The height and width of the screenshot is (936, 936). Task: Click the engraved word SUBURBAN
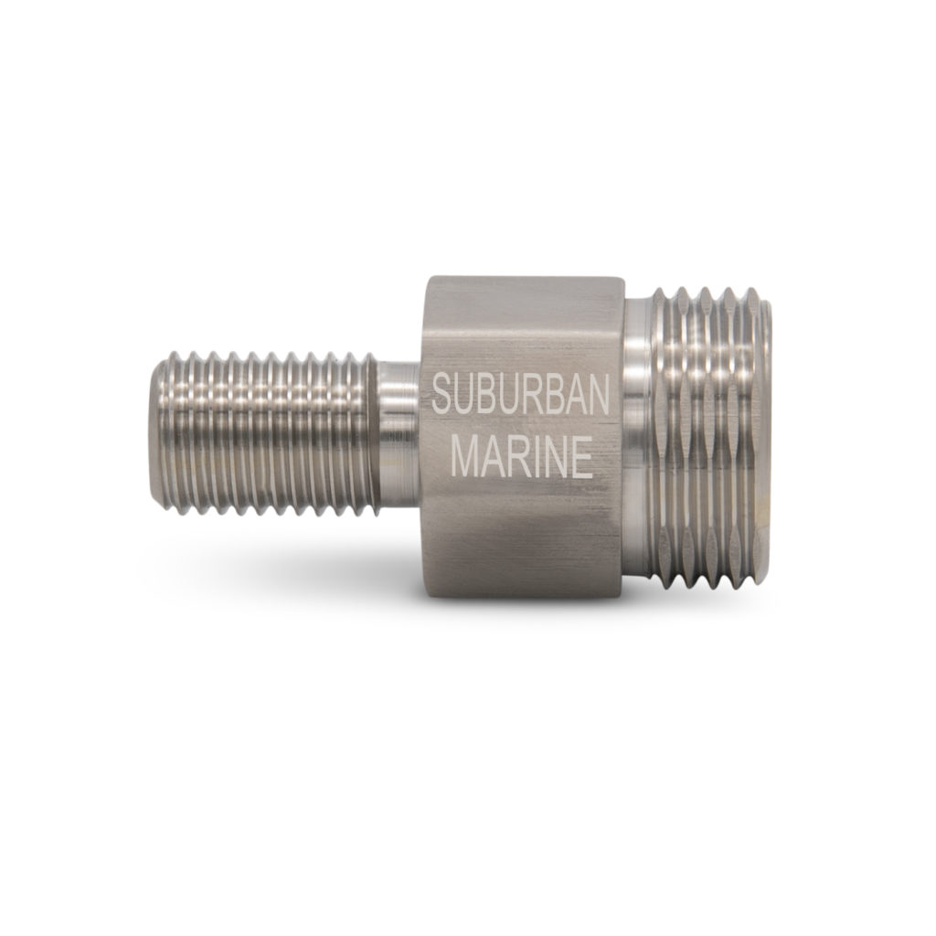pyautogui.click(x=519, y=396)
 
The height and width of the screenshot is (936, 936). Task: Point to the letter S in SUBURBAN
pyautogui.click(x=441, y=396)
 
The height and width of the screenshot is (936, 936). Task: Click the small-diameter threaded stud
pyautogui.click(x=265, y=424)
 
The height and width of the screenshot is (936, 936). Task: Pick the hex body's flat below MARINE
pyautogui.click(x=521, y=539)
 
